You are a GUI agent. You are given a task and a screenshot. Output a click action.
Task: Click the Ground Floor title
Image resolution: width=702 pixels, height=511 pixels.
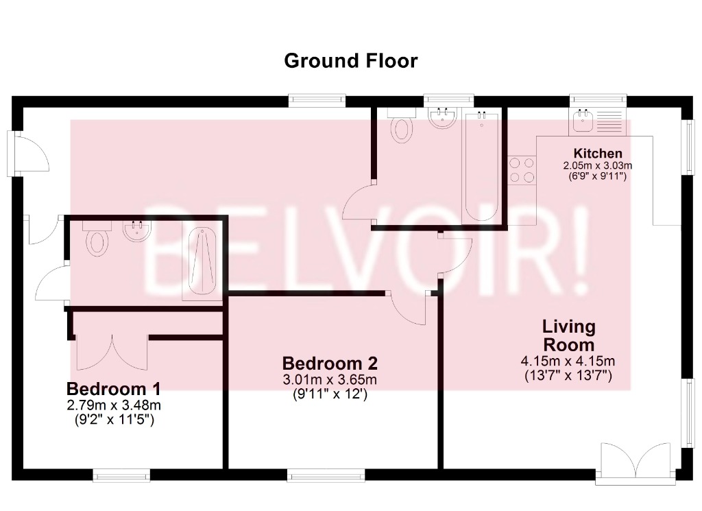point(350,61)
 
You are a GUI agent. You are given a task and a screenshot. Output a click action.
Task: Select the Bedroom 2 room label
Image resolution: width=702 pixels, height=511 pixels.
point(330,363)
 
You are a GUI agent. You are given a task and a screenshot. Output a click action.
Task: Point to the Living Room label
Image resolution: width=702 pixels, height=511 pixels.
point(568,335)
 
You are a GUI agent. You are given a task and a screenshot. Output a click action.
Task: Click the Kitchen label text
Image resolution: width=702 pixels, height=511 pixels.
point(598,154)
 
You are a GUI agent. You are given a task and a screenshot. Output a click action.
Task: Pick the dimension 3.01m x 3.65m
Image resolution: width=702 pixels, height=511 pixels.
point(330,380)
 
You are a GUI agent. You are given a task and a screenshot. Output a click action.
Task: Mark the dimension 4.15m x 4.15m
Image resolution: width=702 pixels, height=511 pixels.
point(568,361)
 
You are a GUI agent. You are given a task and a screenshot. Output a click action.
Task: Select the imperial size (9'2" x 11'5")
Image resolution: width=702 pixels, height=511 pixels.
point(114,420)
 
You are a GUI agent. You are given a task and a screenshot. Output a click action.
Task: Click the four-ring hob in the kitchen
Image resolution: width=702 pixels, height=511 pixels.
point(522,170)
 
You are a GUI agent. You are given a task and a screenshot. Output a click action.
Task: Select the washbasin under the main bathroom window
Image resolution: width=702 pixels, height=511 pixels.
point(442,119)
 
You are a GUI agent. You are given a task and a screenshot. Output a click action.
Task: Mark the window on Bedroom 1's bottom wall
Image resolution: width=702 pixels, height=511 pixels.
point(121,475)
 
